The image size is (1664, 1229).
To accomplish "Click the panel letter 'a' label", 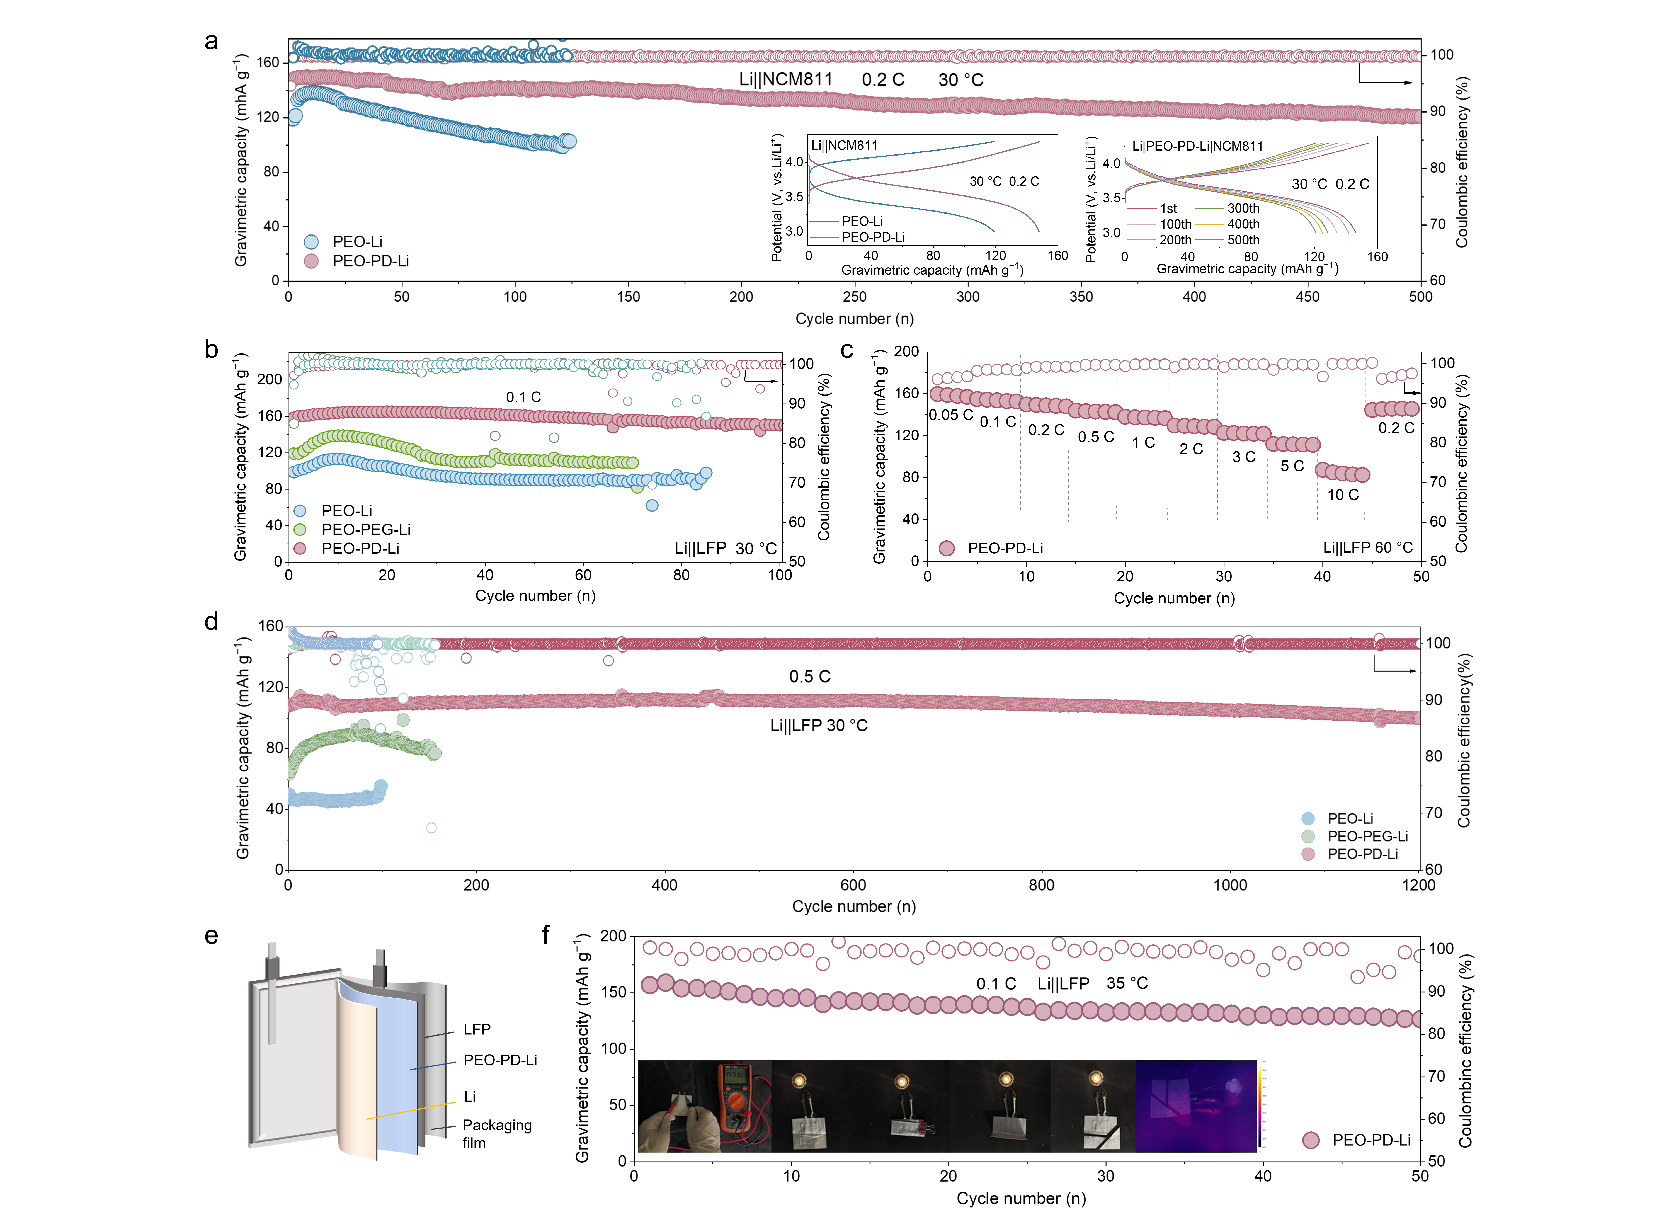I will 211,42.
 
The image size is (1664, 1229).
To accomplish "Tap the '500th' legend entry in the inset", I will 1243,239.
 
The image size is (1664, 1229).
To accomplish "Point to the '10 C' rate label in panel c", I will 1343,495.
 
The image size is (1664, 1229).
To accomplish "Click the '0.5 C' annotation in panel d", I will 809,676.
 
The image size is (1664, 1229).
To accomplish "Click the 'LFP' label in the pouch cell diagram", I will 477,1029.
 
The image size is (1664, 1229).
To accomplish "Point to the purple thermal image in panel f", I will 1195,1106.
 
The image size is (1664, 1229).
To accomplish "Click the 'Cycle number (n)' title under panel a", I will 854,318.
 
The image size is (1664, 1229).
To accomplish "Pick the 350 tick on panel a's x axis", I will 1081,296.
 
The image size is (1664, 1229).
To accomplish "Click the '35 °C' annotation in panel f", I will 1127,983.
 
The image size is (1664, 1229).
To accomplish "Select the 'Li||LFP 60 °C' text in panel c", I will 1367,547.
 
